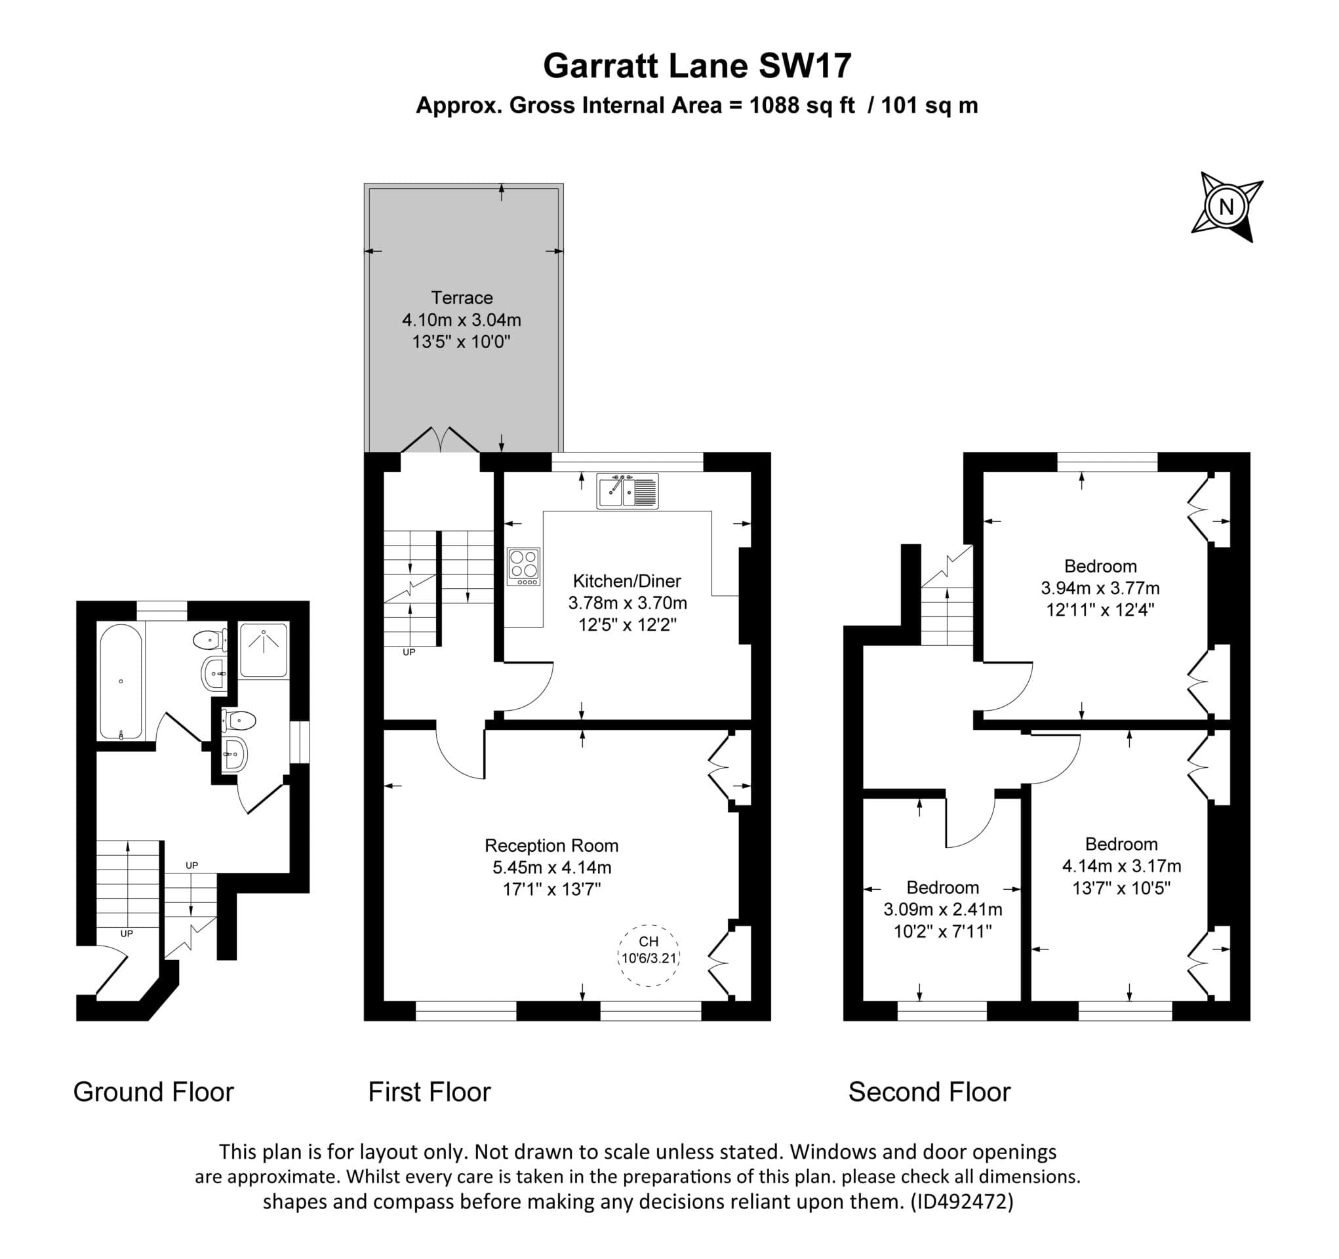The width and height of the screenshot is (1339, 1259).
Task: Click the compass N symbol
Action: pyautogui.click(x=1226, y=206)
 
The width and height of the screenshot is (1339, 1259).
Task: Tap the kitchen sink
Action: pyautogui.click(x=627, y=490)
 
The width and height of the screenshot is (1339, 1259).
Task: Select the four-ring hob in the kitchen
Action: pyautogui.click(x=523, y=567)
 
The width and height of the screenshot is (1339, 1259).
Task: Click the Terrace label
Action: pyautogui.click(x=462, y=298)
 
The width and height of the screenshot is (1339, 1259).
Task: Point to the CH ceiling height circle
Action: pyautogui.click(x=649, y=955)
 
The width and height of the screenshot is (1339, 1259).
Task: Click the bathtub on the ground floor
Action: pyautogui.click(x=121, y=681)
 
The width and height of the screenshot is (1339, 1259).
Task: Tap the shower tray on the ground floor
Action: pyautogui.click(x=264, y=650)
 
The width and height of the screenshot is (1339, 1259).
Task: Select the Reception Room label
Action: pyautogui.click(x=551, y=845)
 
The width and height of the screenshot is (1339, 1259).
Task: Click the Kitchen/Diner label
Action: pyautogui.click(x=626, y=581)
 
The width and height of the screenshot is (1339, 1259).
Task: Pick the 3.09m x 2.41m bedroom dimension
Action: pyautogui.click(x=942, y=909)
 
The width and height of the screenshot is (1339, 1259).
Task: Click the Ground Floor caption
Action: pyautogui.click(x=153, y=1092)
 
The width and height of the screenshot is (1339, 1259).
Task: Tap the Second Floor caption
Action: pyautogui.click(x=929, y=1092)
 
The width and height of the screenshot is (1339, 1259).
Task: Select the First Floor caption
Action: pyautogui.click(x=429, y=1092)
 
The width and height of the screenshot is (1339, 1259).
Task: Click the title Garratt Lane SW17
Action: pyautogui.click(x=697, y=66)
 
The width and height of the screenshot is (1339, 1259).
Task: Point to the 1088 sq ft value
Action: pyautogui.click(x=801, y=106)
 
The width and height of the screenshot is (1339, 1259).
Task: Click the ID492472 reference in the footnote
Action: pyautogui.click(x=961, y=1202)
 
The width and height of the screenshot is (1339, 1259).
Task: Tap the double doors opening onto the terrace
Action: pyautogui.click(x=441, y=441)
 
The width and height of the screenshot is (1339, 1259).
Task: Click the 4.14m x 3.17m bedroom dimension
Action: pyautogui.click(x=1121, y=866)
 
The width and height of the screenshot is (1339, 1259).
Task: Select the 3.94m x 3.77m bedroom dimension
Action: pyautogui.click(x=1100, y=588)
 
